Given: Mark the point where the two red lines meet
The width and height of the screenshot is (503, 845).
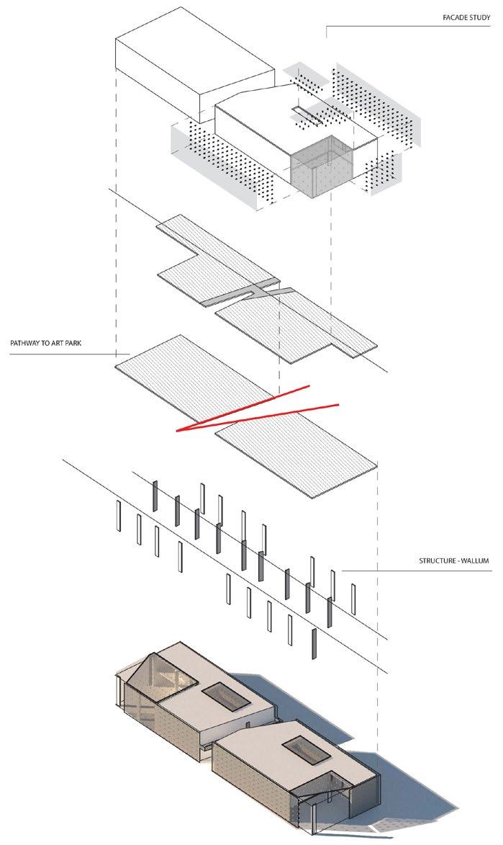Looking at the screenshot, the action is [x=178, y=431].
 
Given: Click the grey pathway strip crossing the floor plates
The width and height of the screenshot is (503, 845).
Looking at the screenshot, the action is [x=252, y=292].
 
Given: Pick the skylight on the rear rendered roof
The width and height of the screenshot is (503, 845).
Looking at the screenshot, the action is [x=219, y=694].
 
